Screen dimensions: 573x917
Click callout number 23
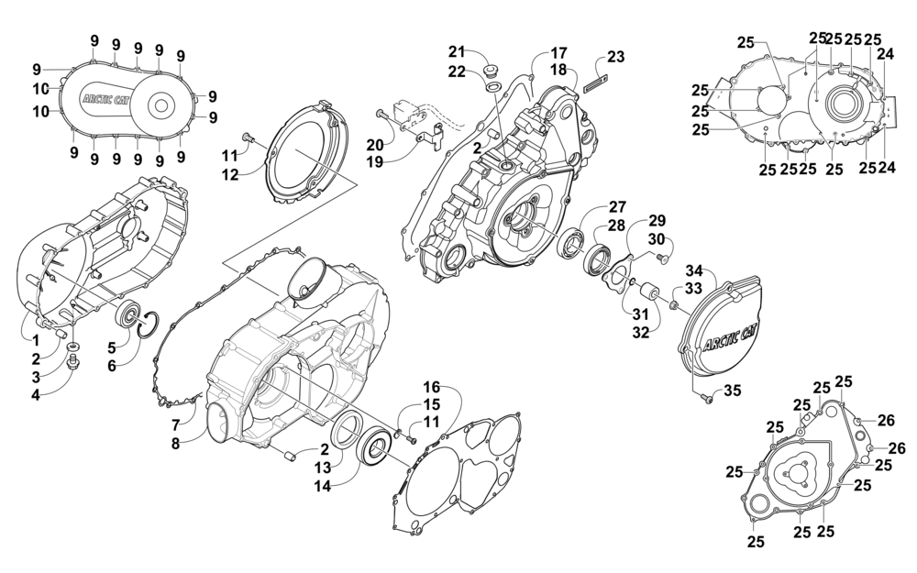[x=615, y=57]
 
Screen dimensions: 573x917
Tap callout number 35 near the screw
[x=731, y=391]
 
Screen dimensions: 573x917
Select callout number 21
[x=457, y=50]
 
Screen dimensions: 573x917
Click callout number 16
[x=431, y=387]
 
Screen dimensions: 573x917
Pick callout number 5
[x=112, y=347]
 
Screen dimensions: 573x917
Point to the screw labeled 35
[x=706, y=397]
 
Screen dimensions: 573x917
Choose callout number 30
[x=656, y=239]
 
